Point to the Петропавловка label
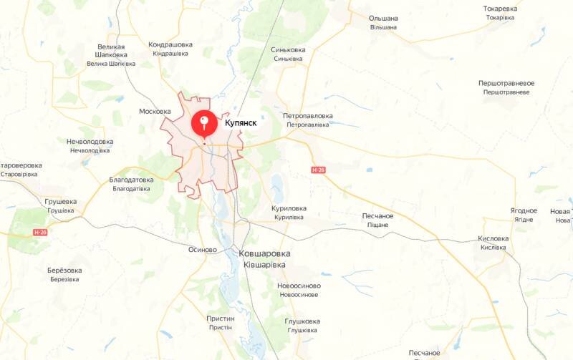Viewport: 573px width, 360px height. click(308, 116)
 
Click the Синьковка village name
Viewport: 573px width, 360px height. click(288, 50)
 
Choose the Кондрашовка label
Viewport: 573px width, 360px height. click(170, 45)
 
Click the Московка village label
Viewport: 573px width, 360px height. click(155, 112)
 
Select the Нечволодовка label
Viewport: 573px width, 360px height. click(90, 142)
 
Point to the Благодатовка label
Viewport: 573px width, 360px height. click(131, 180)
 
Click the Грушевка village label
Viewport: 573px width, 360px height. click(61, 202)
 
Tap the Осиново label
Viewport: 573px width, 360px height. click(202, 250)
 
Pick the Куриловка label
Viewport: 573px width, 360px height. click(289, 208)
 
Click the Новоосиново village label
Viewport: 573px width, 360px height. click(299, 286)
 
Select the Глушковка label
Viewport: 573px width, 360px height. click(302, 321)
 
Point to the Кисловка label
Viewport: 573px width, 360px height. click(493, 239)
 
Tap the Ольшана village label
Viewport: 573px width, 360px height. click(383, 18)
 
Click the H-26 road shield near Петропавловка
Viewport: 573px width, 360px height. click(319, 170)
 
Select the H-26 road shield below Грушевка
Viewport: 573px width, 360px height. click(41, 233)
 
